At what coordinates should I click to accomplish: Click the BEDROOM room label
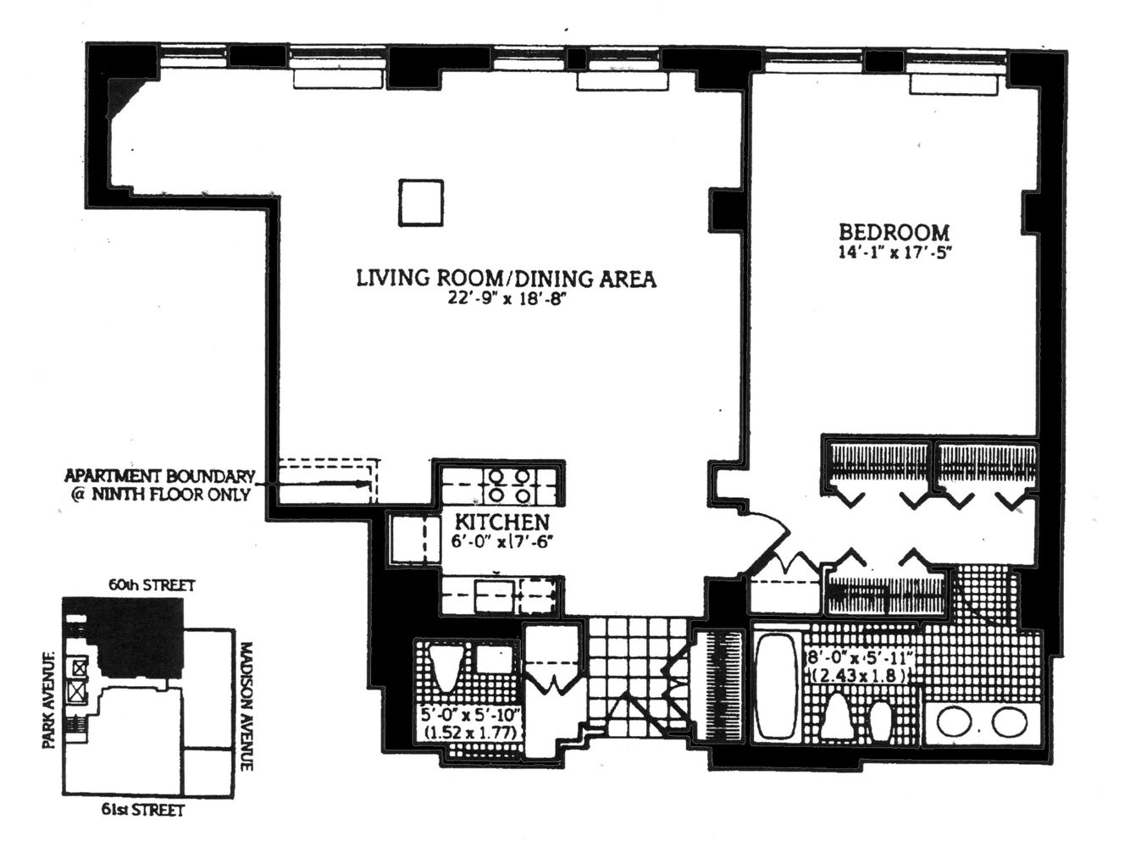tap(894, 231)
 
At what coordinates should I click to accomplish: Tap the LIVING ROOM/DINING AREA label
tap(506, 279)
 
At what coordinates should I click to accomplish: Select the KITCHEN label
tap(502, 522)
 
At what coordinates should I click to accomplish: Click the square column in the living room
tap(421, 202)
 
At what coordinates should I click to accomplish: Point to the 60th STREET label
tap(152, 585)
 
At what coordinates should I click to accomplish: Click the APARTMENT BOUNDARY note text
tap(161, 485)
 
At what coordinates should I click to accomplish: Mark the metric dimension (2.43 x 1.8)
tap(859, 676)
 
